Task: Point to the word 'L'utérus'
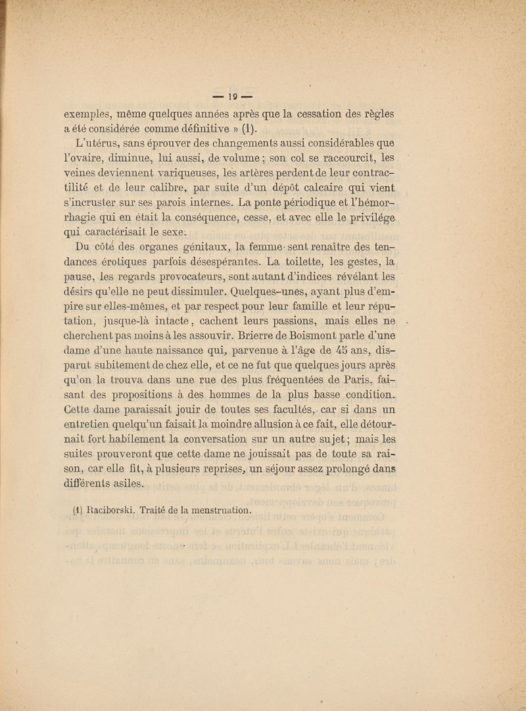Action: (x=99, y=144)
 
